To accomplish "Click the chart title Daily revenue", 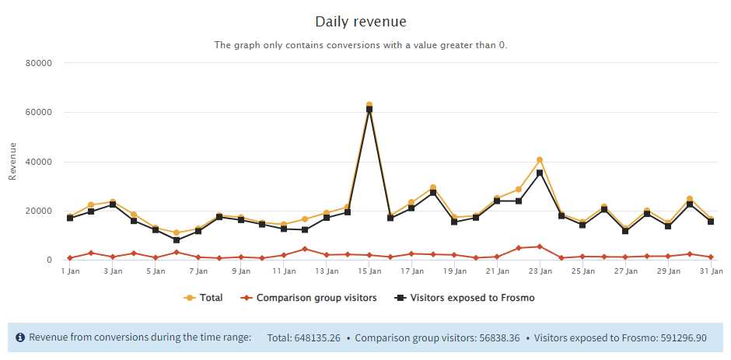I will coord(360,21).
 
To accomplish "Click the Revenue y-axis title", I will coord(12,161).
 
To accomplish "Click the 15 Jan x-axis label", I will coord(369,271).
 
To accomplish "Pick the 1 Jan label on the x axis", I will coord(70,271).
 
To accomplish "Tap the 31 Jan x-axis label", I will coord(711,271).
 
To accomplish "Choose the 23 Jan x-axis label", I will coord(540,271).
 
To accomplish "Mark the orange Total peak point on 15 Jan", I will coord(369,105).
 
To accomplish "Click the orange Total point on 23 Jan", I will coord(540,160).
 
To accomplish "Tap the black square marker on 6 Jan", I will coord(177,240).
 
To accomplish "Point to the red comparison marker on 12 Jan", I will coord(305,249).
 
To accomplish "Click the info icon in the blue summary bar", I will coord(19,337).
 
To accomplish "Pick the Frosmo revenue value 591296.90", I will coord(679,337).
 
